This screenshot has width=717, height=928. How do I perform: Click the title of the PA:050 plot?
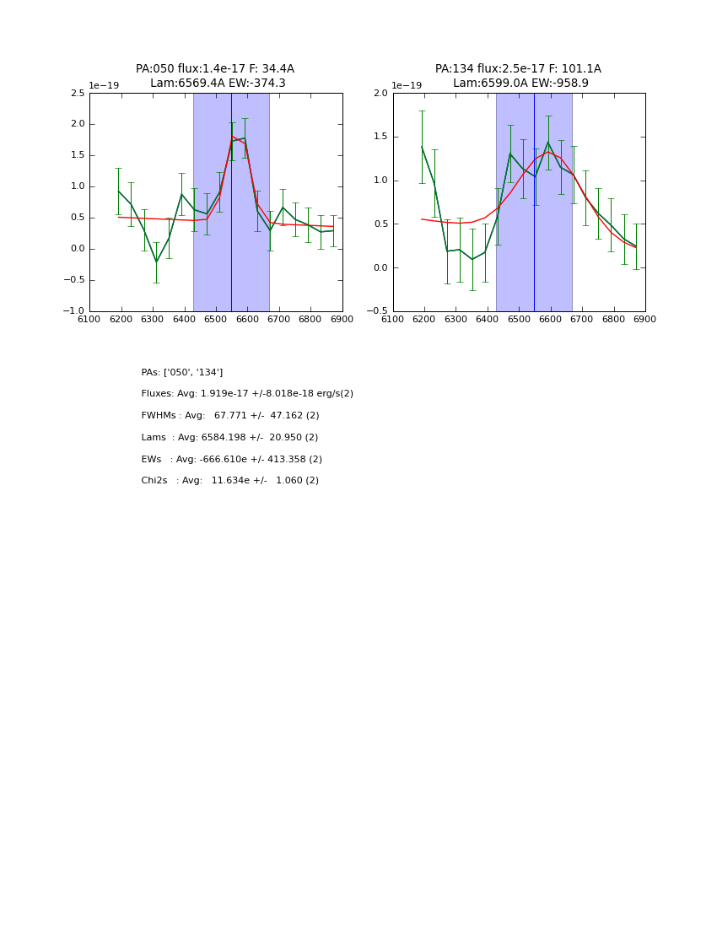tap(215, 76)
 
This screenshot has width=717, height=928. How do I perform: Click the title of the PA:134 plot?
tap(518, 76)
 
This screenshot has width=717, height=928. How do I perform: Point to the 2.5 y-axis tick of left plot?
tap(78, 93)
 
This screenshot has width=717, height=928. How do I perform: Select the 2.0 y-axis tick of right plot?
tap(381, 93)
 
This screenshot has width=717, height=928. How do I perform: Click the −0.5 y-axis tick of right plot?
tap(378, 311)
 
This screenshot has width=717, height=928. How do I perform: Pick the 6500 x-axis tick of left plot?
tap(216, 319)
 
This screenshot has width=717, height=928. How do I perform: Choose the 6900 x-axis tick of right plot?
tap(645, 319)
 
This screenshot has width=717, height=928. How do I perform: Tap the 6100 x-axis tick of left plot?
tap(89, 319)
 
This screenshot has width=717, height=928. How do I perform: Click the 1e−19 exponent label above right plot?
tap(406, 85)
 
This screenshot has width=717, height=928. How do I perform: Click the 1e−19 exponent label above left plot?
tap(104, 85)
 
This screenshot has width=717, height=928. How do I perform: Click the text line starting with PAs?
tap(182, 372)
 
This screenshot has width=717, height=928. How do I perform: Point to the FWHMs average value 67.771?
tap(232, 416)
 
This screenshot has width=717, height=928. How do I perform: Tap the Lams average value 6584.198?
tap(226, 438)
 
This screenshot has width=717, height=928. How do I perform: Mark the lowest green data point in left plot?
tap(156, 262)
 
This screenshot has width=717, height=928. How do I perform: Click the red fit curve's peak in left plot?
tap(232, 137)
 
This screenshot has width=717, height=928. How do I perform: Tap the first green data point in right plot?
tap(422, 147)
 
